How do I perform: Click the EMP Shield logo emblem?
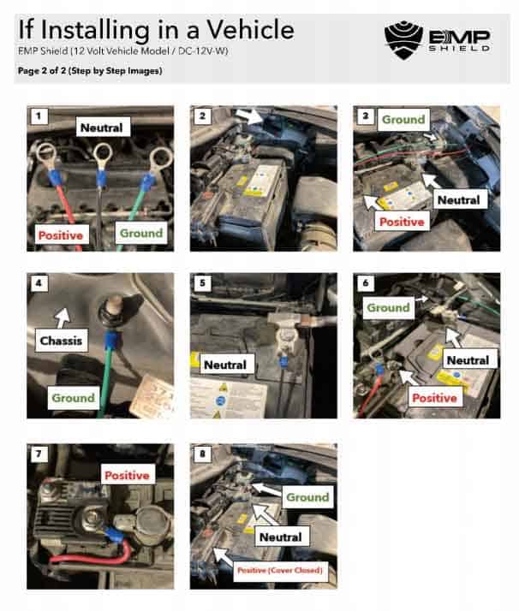pos(402,37)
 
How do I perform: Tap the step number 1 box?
pos(36,114)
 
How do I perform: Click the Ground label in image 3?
pos(403,120)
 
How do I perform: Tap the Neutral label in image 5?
pos(225,365)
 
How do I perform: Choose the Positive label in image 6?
pos(436,398)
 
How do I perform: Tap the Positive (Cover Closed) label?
pos(278,569)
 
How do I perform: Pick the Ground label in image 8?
pos(307,496)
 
